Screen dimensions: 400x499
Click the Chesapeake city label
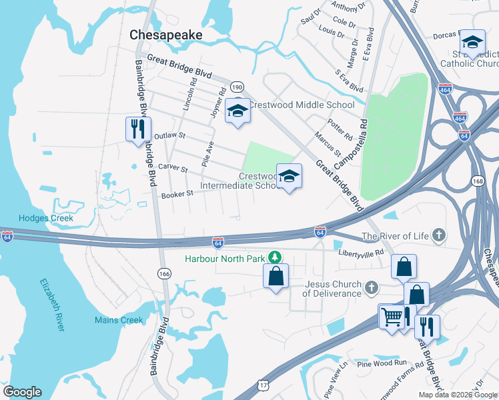click(x=165, y=34)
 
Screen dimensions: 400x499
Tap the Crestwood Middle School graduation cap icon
click(x=237, y=111)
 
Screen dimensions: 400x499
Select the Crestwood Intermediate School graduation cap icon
click(x=289, y=177)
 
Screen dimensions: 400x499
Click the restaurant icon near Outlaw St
click(x=139, y=128)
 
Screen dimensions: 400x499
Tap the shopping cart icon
click(x=391, y=317)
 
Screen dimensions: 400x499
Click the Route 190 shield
click(x=237, y=87)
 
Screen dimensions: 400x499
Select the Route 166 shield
click(x=164, y=273)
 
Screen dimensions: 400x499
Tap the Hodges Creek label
click(x=45, y=218)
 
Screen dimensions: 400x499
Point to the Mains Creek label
click(x=119, y=321)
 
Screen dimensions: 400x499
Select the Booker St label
click(x=177, y=194)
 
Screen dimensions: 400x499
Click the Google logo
click(x=22, y=392)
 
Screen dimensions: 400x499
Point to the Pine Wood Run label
click(x=382, y=363)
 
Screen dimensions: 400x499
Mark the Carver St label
click(x=172, y=169)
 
